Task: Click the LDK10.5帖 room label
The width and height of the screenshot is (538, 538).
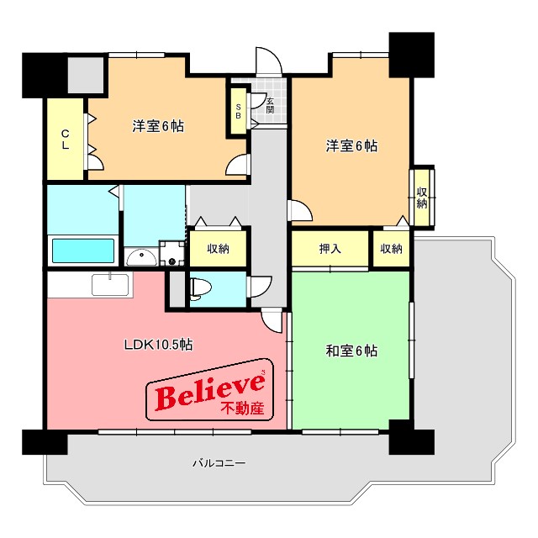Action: click(158, 344)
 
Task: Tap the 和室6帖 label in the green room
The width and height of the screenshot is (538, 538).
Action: click(351, 351)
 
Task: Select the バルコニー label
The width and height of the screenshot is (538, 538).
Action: click(219, 463)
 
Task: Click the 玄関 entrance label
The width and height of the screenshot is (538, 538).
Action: click(270, 106)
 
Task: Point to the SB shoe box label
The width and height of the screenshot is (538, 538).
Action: click(238, 111)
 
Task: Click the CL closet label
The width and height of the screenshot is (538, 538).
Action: click(66, 140)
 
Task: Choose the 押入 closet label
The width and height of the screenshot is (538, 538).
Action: click(330, 249)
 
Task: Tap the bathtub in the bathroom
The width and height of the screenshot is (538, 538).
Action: click(82, 251)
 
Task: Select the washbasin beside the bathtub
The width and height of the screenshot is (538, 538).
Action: click(142, 257)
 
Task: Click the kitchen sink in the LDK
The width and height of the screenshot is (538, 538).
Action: click(110, 284)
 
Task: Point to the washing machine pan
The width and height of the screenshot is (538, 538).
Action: click(172, 253)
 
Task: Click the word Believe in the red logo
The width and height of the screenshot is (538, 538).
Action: click(210, 391)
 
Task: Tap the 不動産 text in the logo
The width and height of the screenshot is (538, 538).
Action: click(242, 408)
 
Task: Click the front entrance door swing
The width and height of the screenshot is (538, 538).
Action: click(269, 61)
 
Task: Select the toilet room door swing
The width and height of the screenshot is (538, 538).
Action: click(261, 287)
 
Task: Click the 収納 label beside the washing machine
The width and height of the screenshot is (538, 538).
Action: click(219, 249)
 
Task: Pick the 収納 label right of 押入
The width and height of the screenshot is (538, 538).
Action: click(391, 249)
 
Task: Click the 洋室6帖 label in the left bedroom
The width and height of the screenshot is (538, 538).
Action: click(158, 126)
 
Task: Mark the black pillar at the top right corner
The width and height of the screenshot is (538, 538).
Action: click(412, 55)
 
